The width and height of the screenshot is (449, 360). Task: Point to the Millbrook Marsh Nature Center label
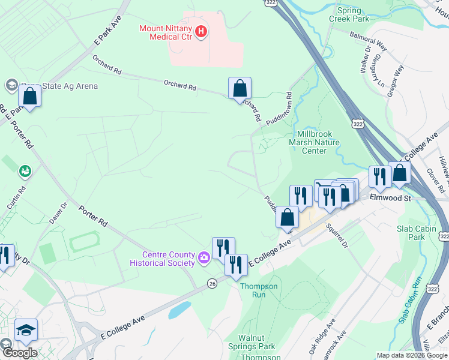pos(314,142)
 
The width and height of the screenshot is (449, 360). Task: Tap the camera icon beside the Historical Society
pos(203,259)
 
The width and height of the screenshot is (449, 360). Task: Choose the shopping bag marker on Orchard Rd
pos(240,89)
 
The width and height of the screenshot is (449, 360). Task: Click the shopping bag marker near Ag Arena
pos(29,97)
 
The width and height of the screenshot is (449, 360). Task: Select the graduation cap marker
pos(26,330)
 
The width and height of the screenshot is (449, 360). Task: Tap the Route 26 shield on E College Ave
pos(212,283)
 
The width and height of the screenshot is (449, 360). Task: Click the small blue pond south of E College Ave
pos(178,310)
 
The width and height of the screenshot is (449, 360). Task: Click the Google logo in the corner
pos(19,353)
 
